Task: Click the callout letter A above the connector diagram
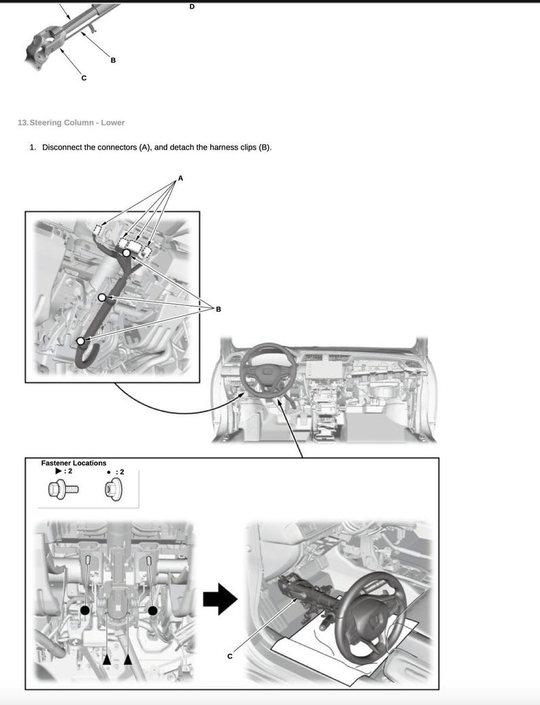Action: pos(180,178)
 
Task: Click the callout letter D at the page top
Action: pos(191,6)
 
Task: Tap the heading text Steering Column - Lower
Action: pos(77,122)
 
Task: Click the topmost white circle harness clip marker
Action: pos(126,253)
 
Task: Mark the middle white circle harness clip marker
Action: pos(101,297)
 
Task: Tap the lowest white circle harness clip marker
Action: pos(80,341)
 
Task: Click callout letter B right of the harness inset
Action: pos(218,309)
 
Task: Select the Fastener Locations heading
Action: pos(73,463)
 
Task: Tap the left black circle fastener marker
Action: pos(85,611)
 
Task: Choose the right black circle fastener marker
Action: pos(153,611)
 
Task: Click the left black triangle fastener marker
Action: pos(106,659)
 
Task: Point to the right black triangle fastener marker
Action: pos(128,659)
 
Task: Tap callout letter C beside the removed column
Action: pos(230,655)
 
